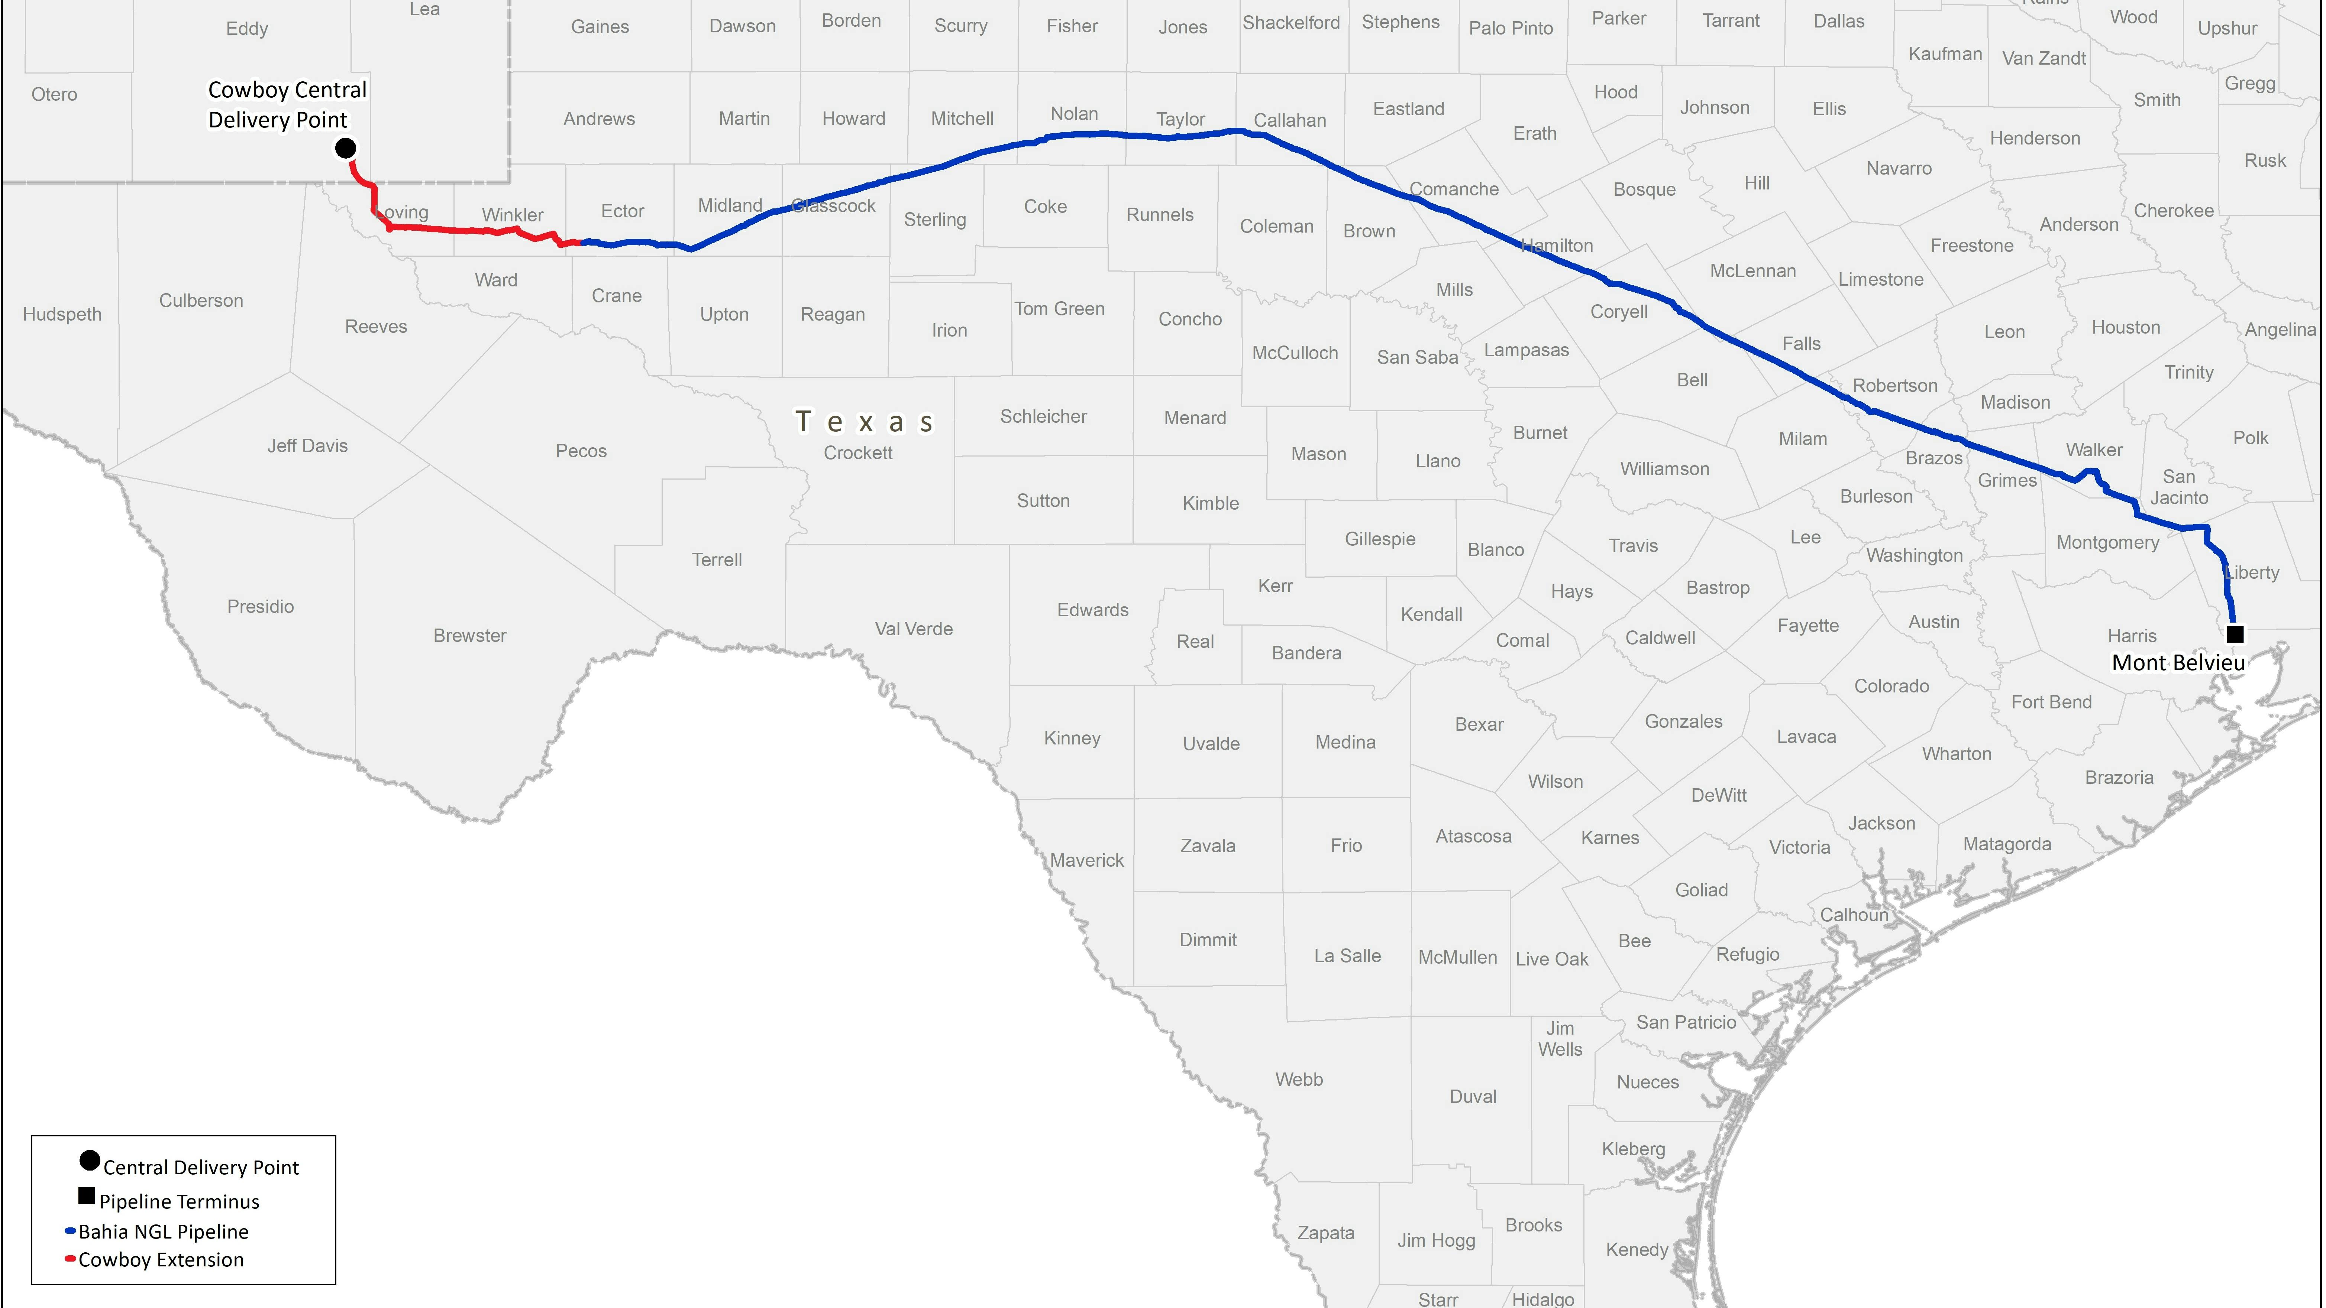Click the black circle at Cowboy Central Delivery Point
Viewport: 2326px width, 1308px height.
(346, 148)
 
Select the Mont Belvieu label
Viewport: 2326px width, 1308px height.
(2178, 663)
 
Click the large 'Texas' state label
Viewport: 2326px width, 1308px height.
(864, 422)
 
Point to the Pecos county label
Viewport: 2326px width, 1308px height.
(581, 451)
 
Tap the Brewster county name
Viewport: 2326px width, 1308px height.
(469, 636)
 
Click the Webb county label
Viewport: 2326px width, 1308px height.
(1298, 1080)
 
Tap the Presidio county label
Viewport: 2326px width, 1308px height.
(260, 607)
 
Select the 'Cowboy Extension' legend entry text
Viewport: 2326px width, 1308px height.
(161, 1260)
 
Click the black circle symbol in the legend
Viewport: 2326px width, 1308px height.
(90, 1161)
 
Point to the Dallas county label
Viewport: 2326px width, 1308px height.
(1838, 22)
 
